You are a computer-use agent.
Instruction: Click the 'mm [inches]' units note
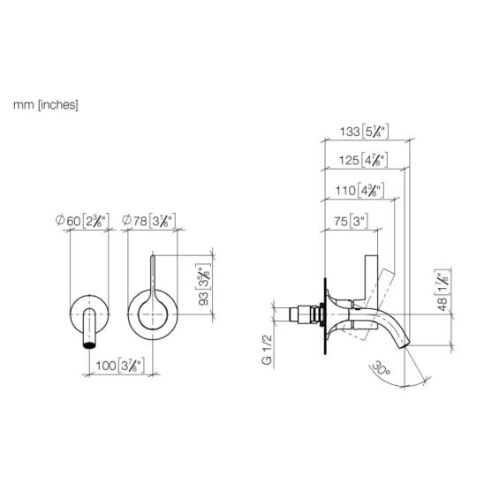pos(45,105)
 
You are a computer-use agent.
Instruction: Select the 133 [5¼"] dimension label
pos(364,132)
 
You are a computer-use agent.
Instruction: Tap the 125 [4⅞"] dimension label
pos(363,160)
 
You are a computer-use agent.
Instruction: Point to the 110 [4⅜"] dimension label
pos(360,190)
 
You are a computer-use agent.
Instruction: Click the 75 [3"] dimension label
pos(351,221)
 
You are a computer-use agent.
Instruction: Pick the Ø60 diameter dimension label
pos(82,221)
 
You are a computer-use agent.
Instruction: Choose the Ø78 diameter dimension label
pos(149,221)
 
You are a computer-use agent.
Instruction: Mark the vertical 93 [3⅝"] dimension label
pos(203,284)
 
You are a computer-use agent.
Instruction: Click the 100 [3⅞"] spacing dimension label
pos(120,366)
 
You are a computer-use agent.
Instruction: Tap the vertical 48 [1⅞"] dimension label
pos(442,291)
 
